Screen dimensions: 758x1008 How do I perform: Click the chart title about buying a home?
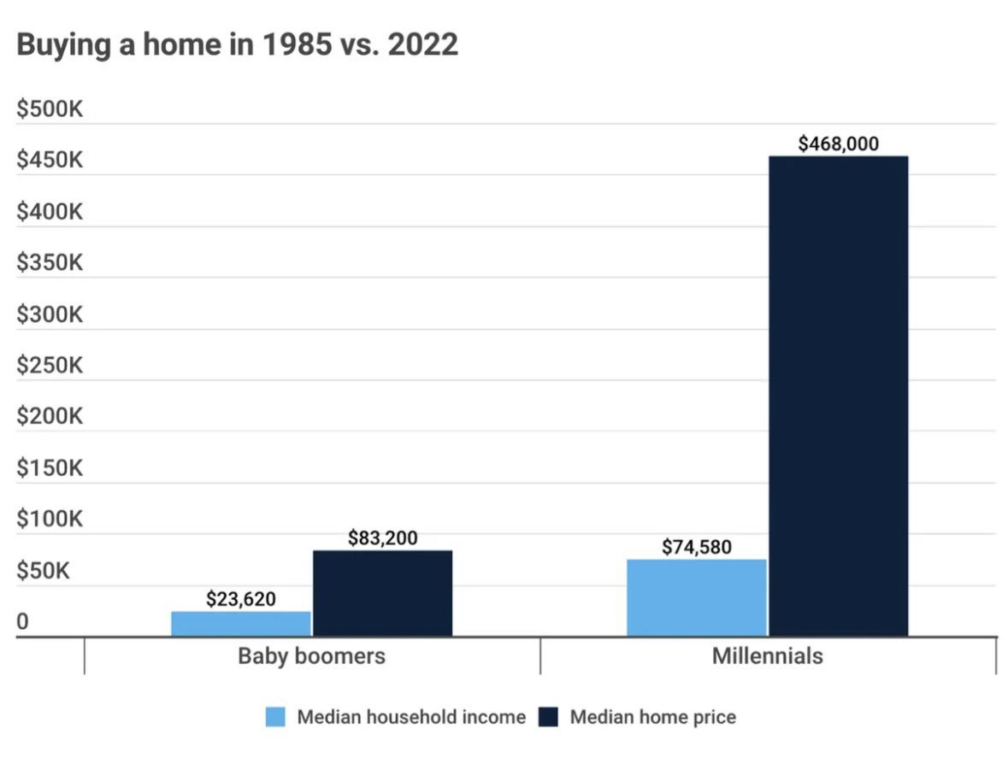(237, 45)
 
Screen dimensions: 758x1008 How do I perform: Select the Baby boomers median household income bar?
(241, 623)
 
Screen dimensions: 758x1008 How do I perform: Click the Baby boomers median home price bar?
(382, 593)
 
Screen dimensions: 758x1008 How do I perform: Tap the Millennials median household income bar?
(697, 597)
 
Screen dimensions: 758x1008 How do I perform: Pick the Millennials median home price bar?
(838, 396)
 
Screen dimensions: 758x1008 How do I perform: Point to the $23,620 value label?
(241, 599)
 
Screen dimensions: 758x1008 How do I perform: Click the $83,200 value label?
(383, 538)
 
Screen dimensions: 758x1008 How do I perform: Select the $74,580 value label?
(697, 547)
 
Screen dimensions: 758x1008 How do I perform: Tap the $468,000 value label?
(838, 144)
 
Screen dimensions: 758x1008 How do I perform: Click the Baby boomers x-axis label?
(311, 655)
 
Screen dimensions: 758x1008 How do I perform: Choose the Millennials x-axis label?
(768, 655)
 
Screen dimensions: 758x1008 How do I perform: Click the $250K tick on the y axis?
(50, 366)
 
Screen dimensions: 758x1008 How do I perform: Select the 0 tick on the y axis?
(23, 623)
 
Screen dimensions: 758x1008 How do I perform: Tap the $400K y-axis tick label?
(50, 211)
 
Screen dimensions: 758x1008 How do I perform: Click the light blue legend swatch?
(275, 717)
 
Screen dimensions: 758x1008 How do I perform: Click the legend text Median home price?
(652, 717)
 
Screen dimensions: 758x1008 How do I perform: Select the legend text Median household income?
(411, 717)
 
